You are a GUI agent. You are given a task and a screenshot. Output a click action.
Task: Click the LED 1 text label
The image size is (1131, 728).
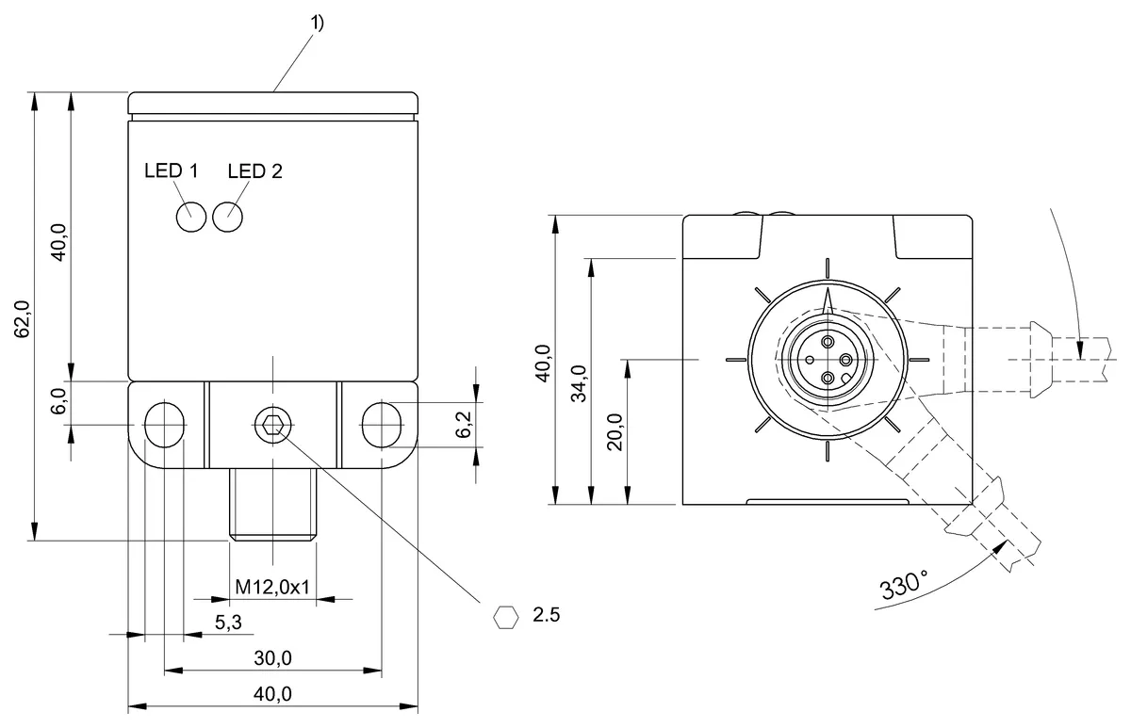(171, 171)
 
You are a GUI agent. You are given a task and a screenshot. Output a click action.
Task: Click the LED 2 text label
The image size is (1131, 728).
(254, 171)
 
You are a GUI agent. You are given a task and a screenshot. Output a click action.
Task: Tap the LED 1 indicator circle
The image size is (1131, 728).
(190, 217)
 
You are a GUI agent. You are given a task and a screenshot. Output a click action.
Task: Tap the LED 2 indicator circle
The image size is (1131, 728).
(228, 217)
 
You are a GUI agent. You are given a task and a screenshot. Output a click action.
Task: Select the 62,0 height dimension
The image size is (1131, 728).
(25, 318)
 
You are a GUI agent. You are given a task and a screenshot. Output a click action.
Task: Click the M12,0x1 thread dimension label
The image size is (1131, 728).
(272, 588)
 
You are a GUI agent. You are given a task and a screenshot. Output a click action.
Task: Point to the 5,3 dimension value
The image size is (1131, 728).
(229, 623)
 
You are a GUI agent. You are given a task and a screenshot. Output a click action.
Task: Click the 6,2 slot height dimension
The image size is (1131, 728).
(464, 426)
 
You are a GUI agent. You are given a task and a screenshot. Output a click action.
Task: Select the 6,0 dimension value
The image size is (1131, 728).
(58, 402)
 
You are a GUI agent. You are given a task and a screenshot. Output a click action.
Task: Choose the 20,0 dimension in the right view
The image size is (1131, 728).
(615, 431)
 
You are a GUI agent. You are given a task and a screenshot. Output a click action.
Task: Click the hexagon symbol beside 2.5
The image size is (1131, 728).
(506, 617)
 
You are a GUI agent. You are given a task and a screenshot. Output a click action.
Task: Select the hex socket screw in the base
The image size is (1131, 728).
(272, 425)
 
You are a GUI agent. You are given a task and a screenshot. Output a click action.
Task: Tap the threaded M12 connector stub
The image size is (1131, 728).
(271, 504)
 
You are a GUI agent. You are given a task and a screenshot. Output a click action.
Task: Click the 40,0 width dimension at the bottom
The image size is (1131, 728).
(272, 694)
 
